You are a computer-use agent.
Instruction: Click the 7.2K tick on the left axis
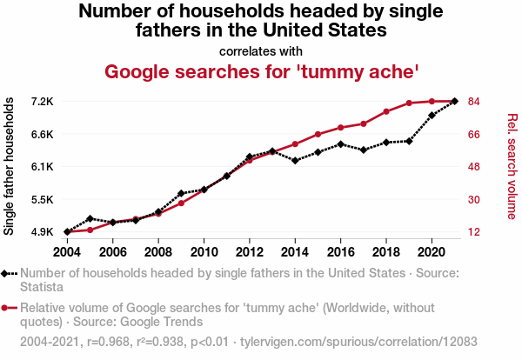tap(42, 102)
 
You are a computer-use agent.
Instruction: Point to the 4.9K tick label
tap(42, 232)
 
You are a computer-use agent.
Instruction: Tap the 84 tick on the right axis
tap(475, 102)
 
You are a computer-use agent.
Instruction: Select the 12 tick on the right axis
tap(475, 232)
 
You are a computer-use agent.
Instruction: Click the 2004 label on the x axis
tap(67, 252)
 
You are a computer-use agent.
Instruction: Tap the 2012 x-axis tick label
tap(250, 252)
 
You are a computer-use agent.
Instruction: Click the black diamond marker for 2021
tap(454, 102)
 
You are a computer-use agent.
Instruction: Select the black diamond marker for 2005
tap(90, 218)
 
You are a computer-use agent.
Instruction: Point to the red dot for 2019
tap(409, 103)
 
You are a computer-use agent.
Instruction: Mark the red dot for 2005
tap(90, 230)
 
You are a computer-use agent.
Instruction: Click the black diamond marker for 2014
tap(295, 161)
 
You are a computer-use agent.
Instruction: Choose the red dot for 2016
tap(341, 128)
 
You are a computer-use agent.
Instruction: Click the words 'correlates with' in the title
tap(261, 50)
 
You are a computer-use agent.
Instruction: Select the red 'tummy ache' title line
tap(261, 71)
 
